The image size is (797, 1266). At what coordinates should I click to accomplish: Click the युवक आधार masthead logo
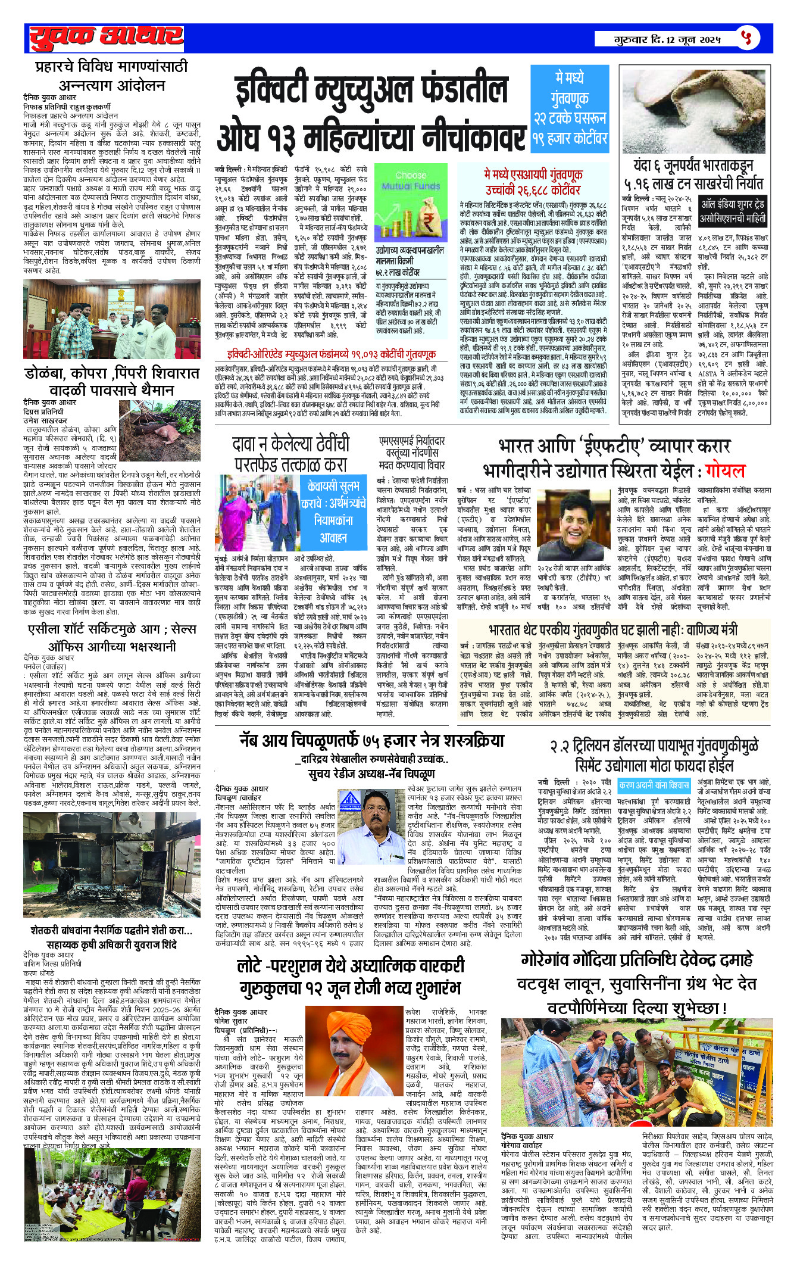click(104, 38)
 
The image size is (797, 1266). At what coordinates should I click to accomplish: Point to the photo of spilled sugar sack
click(695, 110)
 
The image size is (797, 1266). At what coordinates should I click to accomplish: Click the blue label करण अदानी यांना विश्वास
click(654, 784)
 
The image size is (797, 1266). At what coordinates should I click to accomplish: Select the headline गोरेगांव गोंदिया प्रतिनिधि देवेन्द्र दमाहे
click(637, 959)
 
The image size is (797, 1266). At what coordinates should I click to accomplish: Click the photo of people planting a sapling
click(637, 1060)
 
